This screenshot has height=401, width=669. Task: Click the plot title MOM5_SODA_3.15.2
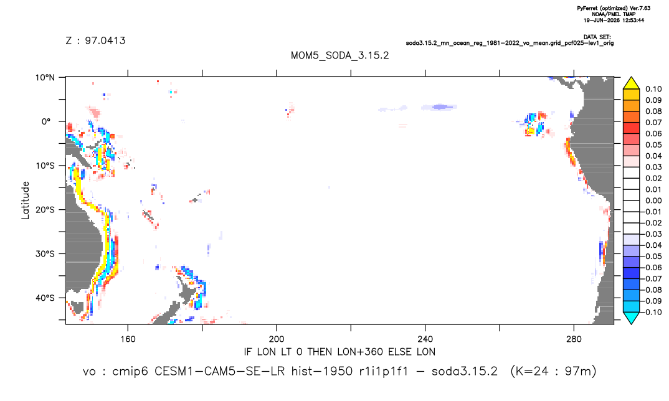pyautogui.click(x=339, y=56)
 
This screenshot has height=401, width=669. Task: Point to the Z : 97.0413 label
pyautogui.click(x=95, y=40)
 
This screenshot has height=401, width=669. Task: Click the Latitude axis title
pyautogui.click(x=26, y=200)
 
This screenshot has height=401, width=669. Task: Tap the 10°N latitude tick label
pyautogui.click(x=45, y=78)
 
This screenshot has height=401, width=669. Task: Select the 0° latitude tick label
pyautogui.click(x=46, y=121)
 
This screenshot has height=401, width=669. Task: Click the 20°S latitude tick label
pyautogui.click(x=45, y=210)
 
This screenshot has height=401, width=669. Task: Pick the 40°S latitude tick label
pyautogui.click(x=45, y=298)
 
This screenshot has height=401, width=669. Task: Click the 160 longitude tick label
pyautogui.click(x=128, y=339)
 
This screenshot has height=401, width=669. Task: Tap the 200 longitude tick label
pyautogui.click(x=277, y=339)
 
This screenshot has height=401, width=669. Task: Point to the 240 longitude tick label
pyautogui.click(x=425, y=339)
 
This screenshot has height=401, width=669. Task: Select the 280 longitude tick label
pyautogui.click(x=574, y=339)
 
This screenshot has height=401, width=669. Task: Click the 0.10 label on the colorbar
pyautogui.click(x=653, y=89)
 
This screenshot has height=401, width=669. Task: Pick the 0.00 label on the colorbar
pyautogui.click(x=653, y=200)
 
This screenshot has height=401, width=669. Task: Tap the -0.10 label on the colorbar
pyautogui.click(x=652, y=312)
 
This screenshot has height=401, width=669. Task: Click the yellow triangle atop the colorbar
pyautogui.click(x=632, y=83)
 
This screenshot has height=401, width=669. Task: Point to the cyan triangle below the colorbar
pyautogui.click(x=632, y=318)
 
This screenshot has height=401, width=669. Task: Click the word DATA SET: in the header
pyautogui.click(x=597, y=37)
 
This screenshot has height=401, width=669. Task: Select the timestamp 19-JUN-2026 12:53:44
pyautogui.click(x=614, y=20)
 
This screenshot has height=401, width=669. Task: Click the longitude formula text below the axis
pyautogui.click(x=339, y=352)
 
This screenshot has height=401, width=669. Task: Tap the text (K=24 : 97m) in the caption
pyautogui.click(x=553, y=372)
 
